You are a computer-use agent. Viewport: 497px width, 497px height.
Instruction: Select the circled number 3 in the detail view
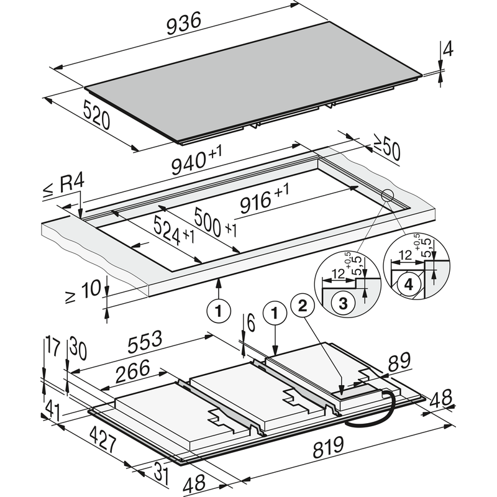[342, 303]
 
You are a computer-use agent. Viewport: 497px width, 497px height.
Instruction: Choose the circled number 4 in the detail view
[408, 285]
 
